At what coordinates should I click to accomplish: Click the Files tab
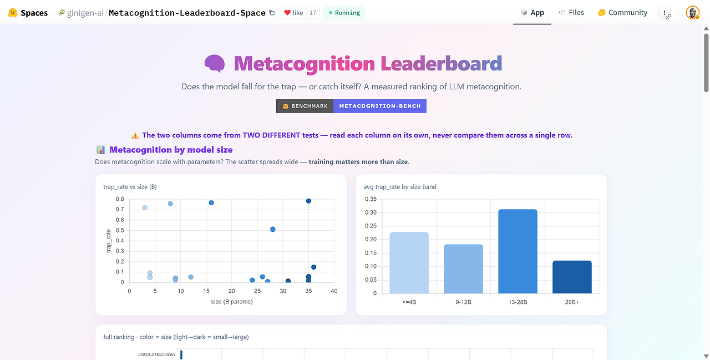point(571,13)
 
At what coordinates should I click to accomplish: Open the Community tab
point(622,13)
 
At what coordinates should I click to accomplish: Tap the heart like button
point(293,13)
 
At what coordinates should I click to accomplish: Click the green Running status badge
point(344,13)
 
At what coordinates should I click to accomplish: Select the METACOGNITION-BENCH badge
point(380,106)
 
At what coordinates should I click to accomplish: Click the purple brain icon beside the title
point(215,63)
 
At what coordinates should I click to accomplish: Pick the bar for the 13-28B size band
point(518,251)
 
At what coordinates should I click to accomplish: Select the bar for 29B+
point(572,277)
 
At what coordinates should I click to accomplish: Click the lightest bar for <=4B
point(409,263)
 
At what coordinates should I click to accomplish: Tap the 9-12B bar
point(463,268)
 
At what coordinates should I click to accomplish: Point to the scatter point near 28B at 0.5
point(272,230)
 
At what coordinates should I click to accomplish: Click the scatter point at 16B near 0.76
point(211,203)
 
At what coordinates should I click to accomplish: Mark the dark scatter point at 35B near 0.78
point(308,201)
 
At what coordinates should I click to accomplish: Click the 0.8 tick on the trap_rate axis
point(120,199)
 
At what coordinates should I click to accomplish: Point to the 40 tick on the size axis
point(334,291)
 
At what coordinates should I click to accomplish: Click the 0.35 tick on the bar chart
point(371,199)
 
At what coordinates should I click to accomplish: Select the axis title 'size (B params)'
point(232,302)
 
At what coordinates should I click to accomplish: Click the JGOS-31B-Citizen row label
point(156,354)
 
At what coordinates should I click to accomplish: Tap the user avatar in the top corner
point(693,13)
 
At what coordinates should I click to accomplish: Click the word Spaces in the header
point(34,13)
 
